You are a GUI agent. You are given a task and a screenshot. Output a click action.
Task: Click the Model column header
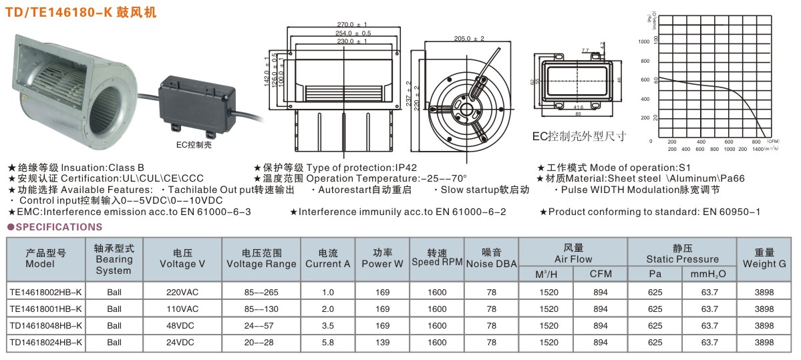click(x=45, y=258)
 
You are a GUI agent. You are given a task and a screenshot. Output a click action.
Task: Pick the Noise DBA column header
click(x=492, y=258)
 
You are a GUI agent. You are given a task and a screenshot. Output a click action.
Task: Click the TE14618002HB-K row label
click(x=45, y=292)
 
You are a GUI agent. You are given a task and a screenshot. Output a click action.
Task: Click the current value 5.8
click(x=327, y=342)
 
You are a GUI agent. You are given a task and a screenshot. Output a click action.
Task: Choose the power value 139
click(x=382, y=342)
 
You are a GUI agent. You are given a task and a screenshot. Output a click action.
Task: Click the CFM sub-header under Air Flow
click(x=600, y=274)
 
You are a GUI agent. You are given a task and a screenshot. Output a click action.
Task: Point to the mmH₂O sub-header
click(x=709, y=274)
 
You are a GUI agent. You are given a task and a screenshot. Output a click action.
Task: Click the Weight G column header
click(x=764, y=258)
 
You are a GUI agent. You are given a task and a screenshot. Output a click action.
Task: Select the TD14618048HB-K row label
click(x=45, y=325)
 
